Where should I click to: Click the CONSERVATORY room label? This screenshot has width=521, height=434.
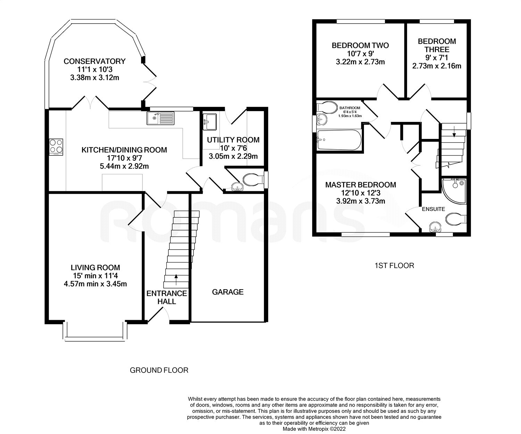pyautogui.click(x=94, y=61)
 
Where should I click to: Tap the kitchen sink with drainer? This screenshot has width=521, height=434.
pyautogui.click(x=160, y=118)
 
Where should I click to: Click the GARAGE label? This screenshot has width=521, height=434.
pyautogui.click(x=228, y=292)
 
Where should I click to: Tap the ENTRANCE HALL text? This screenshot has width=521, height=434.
pyautogui.click(x=167, y=298)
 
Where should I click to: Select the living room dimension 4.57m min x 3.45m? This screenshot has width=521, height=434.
pyautogui.click(x=95, y=284)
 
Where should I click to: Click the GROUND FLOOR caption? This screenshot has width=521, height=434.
pyautogui.click(x=159, y=370)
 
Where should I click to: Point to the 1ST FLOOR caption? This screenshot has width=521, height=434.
pyautogui.click(x=394, y=266)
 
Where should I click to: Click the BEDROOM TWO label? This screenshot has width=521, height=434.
pyautogui.click(x=360, y=45)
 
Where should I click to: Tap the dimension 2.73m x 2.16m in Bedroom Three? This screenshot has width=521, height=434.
pyautogui.click(x=437, y=66)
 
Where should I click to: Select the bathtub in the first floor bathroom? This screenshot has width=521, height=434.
pyautogui.click(x=339, y=140)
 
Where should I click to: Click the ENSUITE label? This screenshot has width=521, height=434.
pyautogui.click(x=433, y=209)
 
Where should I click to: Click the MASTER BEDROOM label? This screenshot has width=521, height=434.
pyautogui.click(x=361, y=185)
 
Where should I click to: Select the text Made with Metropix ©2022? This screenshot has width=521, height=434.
pyautogui.click(x=314, y=429)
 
